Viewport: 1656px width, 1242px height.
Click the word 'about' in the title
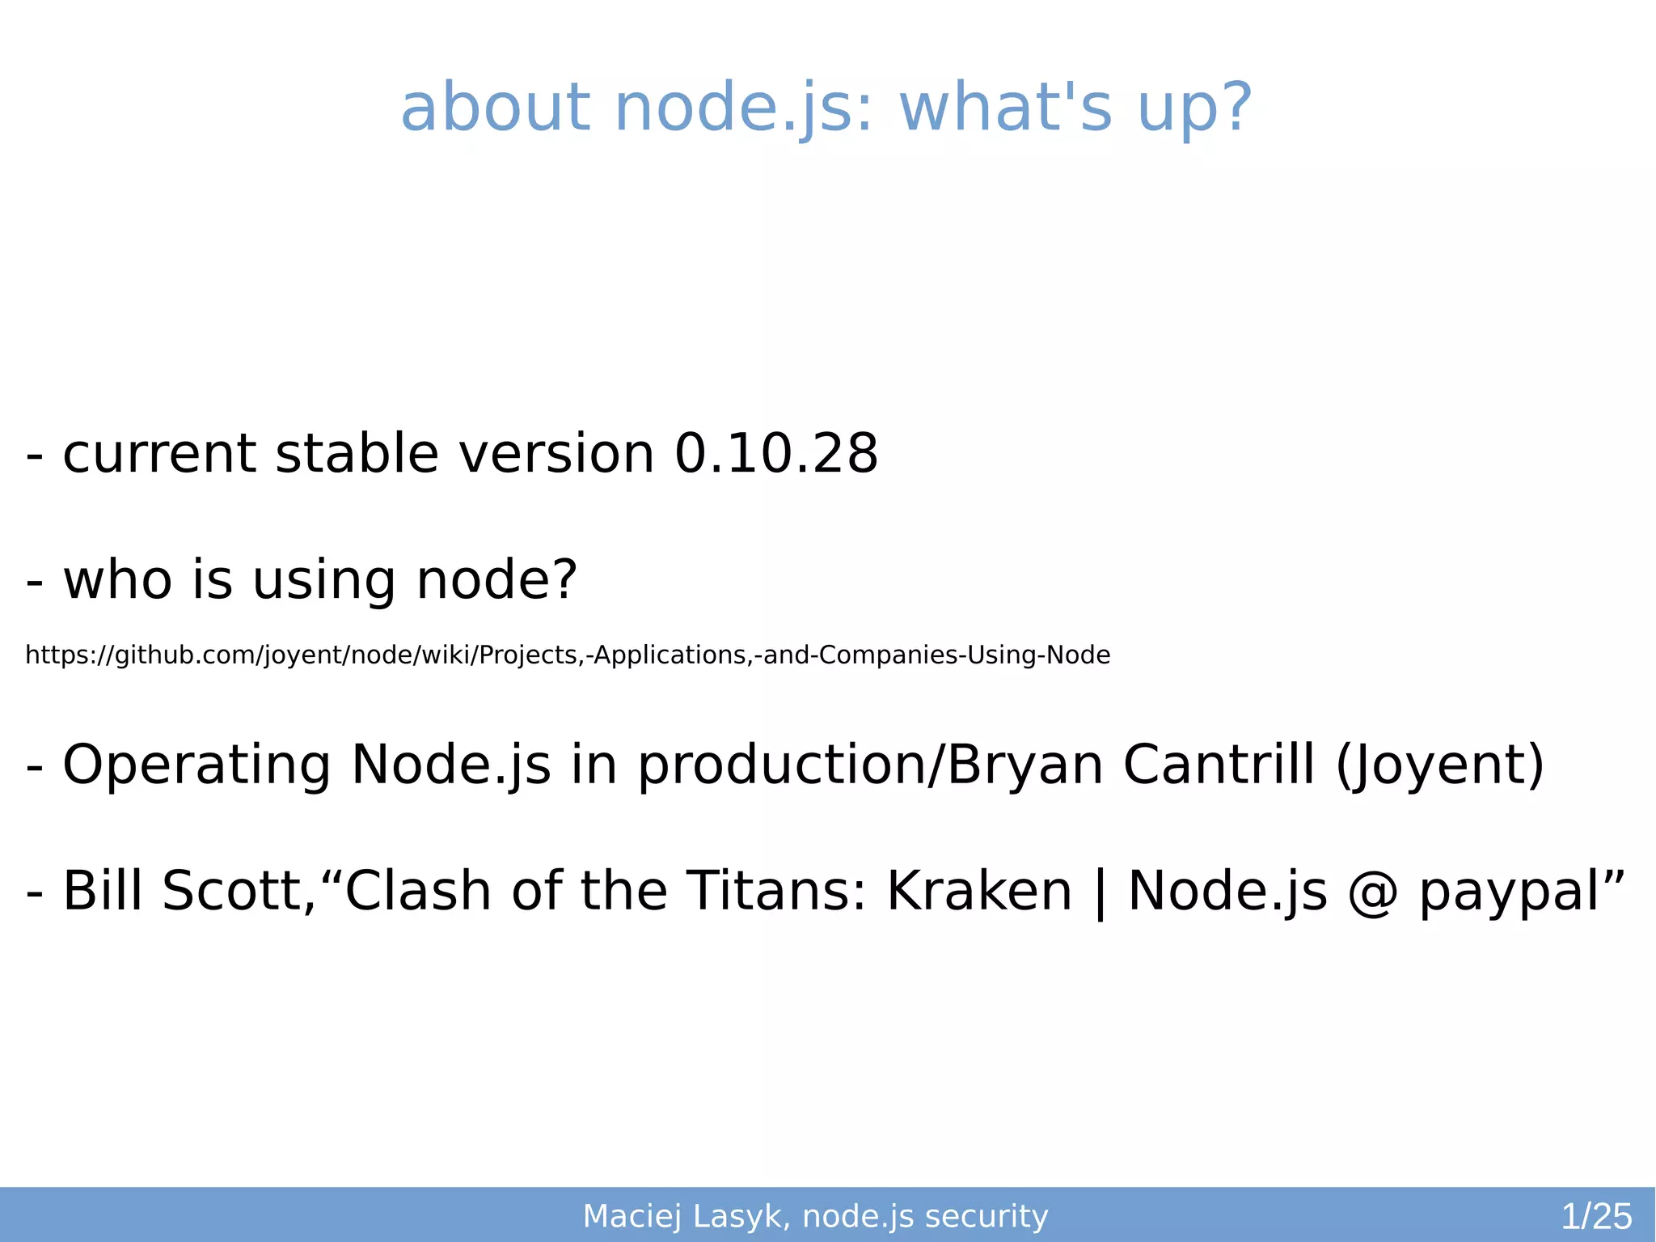point(495,108)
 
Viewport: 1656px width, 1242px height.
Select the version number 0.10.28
point(776,453)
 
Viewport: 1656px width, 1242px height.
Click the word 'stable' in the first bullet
point(357,453)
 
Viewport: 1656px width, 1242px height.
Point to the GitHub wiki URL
point(568,655)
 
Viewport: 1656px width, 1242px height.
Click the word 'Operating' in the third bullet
point(196,765)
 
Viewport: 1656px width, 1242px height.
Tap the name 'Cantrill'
point(1219,765)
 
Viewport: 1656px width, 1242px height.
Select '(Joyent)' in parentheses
point(1440,765)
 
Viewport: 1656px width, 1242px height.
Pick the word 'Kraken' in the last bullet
point(979,891)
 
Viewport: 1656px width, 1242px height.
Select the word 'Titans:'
point(776,891)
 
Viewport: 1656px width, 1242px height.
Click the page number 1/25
point(1596,1216)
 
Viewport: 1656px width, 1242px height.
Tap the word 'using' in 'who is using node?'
point(323,581)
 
